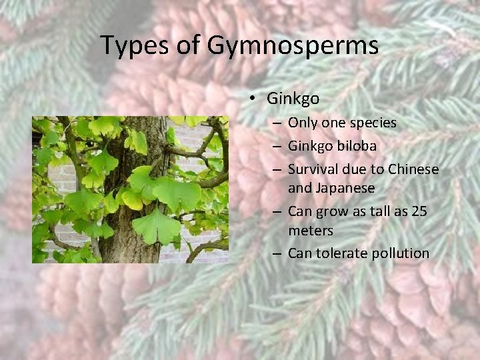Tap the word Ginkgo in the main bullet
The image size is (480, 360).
(293, 99)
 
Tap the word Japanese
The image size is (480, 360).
(331, 188)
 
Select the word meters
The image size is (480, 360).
(310, 230)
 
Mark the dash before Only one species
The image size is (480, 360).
(277, 123)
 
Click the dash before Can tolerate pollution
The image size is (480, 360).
(277, 253)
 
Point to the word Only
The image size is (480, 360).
(303, 123)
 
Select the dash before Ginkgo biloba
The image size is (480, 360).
(277, 146)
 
